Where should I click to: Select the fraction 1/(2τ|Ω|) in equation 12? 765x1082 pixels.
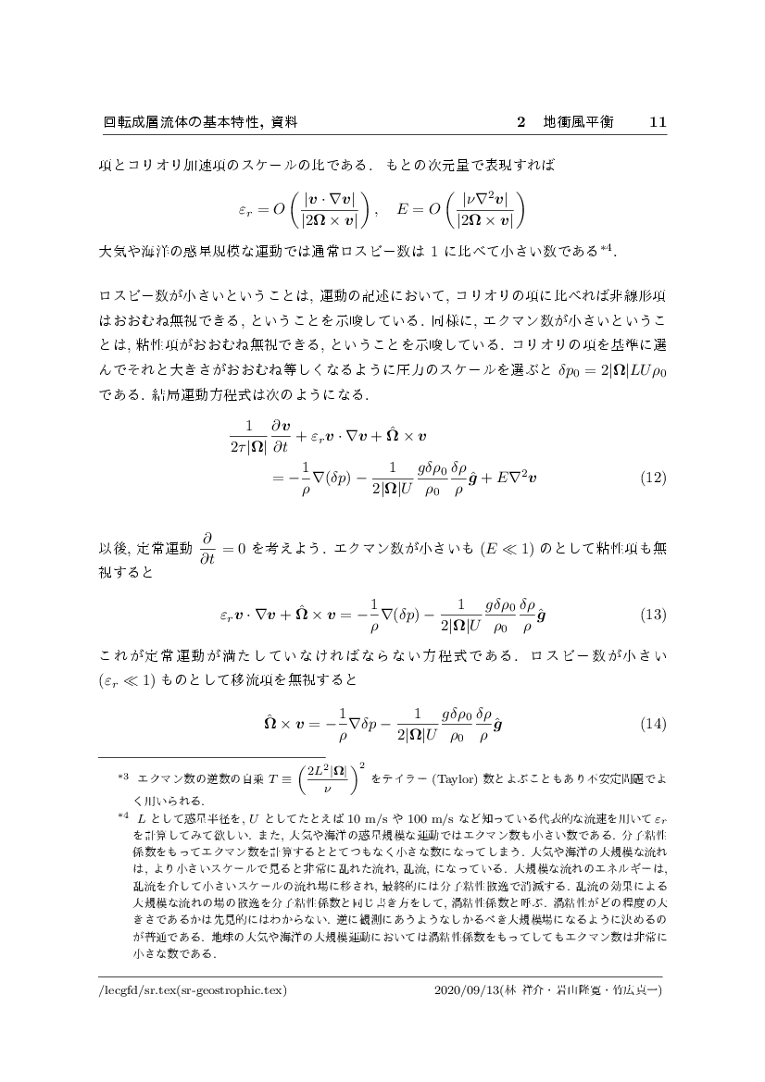247,435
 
